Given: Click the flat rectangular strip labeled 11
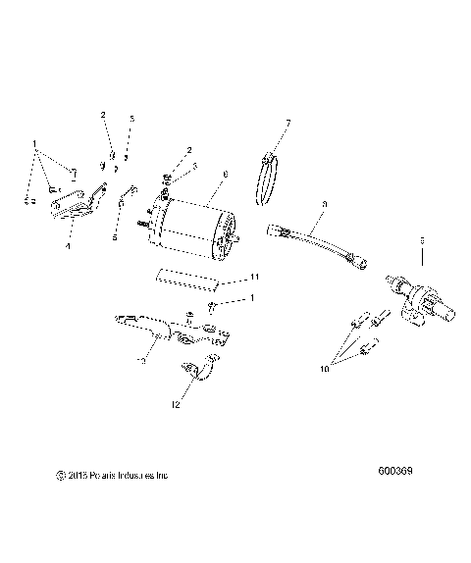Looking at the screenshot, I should pos(187,281).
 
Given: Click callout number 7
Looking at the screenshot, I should pos(288,123).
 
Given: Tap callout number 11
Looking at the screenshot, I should pos(254,279).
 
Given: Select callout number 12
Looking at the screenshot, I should pos(176,404).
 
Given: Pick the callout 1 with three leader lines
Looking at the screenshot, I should pos(36,143).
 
